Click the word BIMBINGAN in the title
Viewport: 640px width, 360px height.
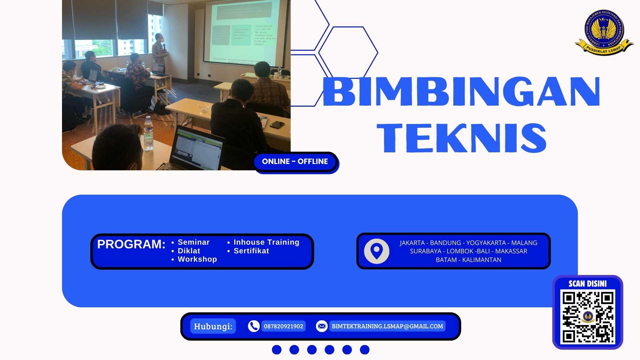pos(461,91)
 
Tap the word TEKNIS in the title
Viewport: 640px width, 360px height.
pos(461,138)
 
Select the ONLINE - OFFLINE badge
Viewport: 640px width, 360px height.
pos(295,162)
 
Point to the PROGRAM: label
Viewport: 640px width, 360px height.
pos(131,244)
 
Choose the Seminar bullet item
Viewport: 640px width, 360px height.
pos(193,242)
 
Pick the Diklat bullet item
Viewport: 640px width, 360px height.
pos(189,251)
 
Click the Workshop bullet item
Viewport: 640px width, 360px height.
pos(197,259)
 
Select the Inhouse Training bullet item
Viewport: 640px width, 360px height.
pos(266,242)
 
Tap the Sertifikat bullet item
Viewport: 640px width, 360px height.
pos(251,251)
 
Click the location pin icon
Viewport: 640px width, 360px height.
pos(377,251)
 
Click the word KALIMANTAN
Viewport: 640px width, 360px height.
pos(482,260)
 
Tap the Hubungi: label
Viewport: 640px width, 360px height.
pos(213,326)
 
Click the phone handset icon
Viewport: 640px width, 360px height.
pos(254,326)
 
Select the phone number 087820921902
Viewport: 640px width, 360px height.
pos(283,326)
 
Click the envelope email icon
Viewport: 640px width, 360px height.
pos(322,326)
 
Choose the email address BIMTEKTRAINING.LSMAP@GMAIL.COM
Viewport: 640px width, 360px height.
pos(387,326)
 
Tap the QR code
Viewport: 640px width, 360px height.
pos(588,317)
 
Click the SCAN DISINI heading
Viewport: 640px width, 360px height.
pos(588,284)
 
